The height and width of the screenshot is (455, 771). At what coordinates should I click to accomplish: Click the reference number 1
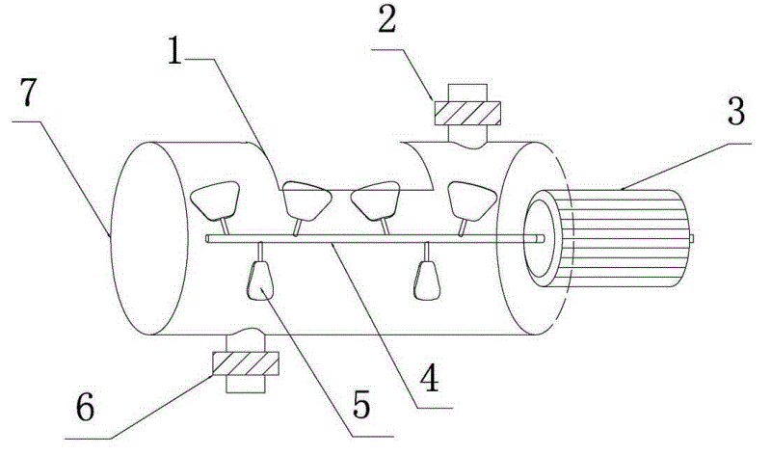(175, 51)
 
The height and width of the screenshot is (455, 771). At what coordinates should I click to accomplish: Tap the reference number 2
(387, 19)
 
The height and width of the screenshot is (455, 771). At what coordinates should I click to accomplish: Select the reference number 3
(736, 111)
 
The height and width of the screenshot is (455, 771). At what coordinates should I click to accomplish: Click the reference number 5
(361, 405)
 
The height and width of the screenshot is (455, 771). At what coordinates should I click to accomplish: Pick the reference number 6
(86, 408)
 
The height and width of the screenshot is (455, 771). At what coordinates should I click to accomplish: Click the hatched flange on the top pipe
(467, 113)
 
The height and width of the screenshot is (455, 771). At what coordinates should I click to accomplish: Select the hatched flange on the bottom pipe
(246, 363)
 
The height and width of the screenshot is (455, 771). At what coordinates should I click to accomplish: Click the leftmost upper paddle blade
(215, 201)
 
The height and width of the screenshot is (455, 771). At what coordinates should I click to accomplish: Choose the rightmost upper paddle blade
(471, 201)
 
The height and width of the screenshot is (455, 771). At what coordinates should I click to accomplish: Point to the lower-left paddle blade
(260, 281)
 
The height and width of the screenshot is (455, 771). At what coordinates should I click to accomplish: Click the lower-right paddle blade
(427, 281)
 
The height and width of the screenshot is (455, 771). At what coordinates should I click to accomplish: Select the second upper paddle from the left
(306, 201)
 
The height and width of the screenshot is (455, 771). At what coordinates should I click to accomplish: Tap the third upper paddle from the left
(375, 201)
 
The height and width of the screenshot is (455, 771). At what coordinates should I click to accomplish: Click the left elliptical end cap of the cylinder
(149, 238)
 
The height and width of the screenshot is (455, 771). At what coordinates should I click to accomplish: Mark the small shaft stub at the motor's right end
(691, 239)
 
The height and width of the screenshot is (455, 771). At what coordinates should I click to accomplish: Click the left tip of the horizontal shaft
(207, 239)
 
